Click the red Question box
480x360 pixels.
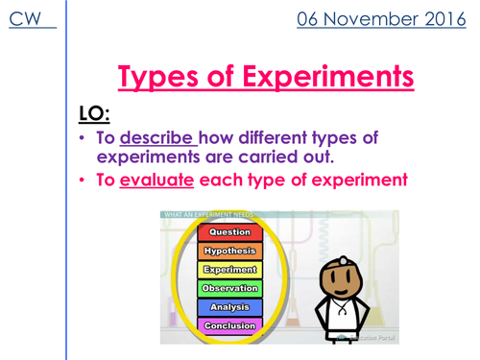tap(230, 232)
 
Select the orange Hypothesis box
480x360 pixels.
tap(230, 252)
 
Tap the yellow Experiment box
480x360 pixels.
tap(230, 271)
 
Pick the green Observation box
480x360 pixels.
tap(230, 289)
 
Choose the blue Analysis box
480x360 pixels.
tap(230, 307)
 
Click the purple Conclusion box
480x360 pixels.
tap(230, 325)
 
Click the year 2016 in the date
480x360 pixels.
tap(440, 20)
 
